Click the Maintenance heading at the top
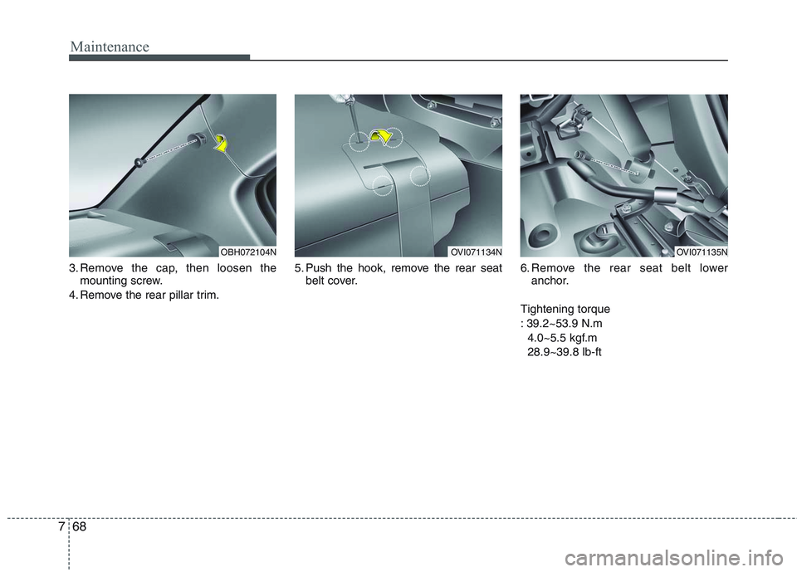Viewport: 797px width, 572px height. [x=110, y=46]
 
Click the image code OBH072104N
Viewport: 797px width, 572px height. [x=248, y=251]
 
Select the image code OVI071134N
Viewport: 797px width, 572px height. [x=475, y=251]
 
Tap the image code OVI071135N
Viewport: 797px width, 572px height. [x=701, y=251]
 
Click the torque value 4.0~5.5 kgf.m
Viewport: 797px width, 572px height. [x=561, y=338]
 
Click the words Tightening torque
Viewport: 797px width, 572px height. [x=565, y=309]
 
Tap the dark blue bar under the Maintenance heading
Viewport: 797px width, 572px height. [x=159, y=57]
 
